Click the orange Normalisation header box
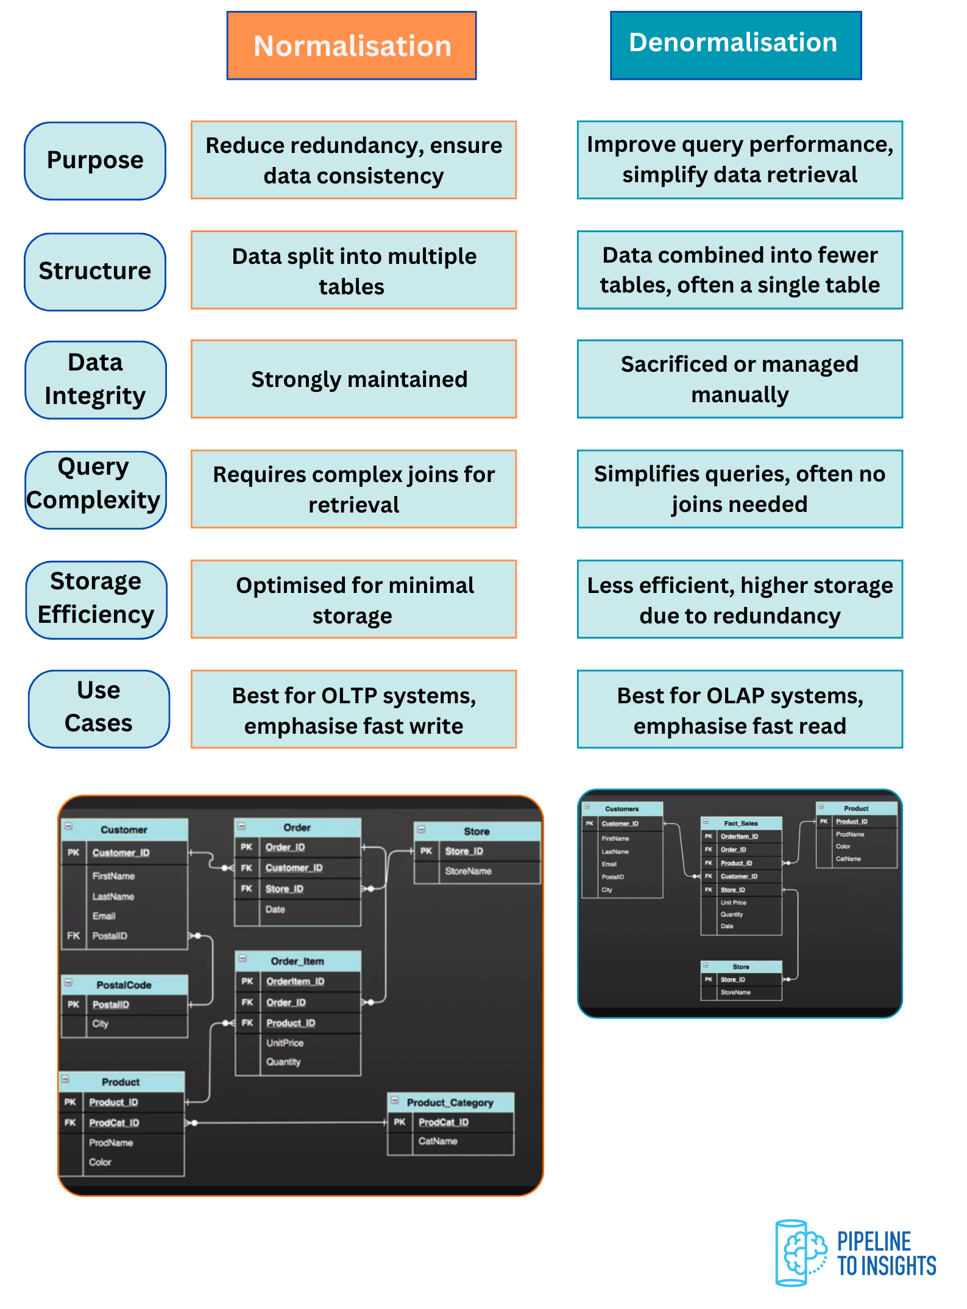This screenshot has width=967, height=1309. [x=352, y=46]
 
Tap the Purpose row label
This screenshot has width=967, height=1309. [x=95, y=161]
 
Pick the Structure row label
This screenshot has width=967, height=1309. [x=95, y=272]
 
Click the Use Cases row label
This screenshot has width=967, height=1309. [x=99, y=709]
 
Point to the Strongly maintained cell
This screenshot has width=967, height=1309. [x=353, y=379]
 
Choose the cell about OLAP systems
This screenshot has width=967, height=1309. [x=740, y=709]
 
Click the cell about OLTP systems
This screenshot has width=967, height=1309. [x=353, y=709]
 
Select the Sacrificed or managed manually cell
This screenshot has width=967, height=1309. [x=740, y=379]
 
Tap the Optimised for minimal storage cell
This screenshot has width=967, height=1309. [x=353, y=600]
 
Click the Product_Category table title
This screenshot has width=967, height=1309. [x=450, y=1102]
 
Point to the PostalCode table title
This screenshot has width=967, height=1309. [x=124, y=985]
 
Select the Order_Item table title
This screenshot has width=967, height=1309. [x=297, y=961]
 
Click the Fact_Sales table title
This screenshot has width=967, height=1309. [x=740, y=823]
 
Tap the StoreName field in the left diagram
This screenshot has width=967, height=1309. [x=468, y=871]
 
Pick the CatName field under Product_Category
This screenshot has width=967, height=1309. [x=437, y=1141]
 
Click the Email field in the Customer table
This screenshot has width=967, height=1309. [x=104, y=916]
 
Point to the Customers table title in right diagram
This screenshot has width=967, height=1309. [x=622, y=809]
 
